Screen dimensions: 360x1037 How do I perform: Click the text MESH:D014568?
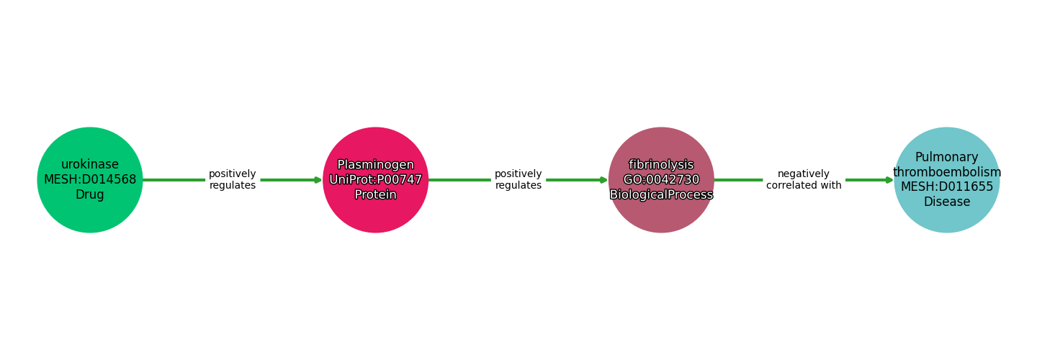[90, 179]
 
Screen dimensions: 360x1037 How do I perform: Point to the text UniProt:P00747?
[375, 180]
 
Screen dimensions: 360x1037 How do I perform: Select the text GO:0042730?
[661, 180]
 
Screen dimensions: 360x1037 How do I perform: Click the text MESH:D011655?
[946, 187]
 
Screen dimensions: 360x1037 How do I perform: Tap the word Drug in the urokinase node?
[90, 195]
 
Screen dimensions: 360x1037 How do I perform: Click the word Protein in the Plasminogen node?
[375, 195]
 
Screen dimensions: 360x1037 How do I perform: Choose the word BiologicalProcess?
[661, 195]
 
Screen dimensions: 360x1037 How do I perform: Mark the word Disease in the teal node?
[946, 202]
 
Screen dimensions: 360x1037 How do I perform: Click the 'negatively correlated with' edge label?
[804, 180]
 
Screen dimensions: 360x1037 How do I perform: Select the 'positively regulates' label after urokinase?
[232, 180]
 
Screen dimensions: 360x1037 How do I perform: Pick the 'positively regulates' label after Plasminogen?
[518, 180]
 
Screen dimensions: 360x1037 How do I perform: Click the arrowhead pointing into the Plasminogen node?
[318, 180]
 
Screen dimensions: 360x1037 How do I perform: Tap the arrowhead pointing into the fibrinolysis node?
[603, 180]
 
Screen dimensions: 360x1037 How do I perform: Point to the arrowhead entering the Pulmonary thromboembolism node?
[889, 180]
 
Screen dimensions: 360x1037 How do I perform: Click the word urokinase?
[90, 164]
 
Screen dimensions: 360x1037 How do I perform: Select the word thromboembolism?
[946, 172]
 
